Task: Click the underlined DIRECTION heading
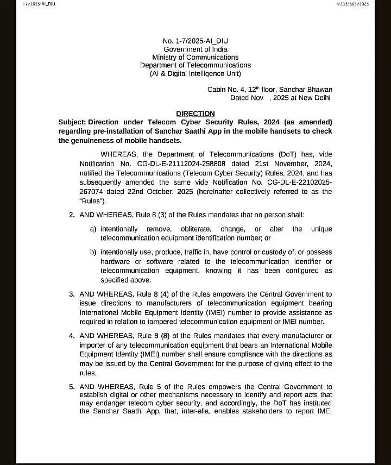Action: pyautogui.click(x=195, y=114)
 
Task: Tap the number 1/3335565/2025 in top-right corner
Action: pyautogui.click(x=353, y=4)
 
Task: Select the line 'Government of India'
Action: pyautogui.click(x=195, y=49)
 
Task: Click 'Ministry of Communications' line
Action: pyautogui.click(x=195, y=57)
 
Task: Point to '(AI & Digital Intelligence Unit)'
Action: pyautogui.click(x=195, y=73)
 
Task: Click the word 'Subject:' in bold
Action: pyautogui.click(x=72, y=122)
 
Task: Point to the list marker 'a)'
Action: pyautogui.click(x=94, y=229)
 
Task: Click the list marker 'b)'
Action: pyautogui.click(x=94, y=252)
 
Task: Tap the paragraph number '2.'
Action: pyautogui.click(x=72, y=215)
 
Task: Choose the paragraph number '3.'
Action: pyautogui.click(x=72, y=294)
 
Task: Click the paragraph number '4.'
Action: pyautogui.click(x=72, y=336)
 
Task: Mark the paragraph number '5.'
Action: pyautogui.click(x=72, y=387)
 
